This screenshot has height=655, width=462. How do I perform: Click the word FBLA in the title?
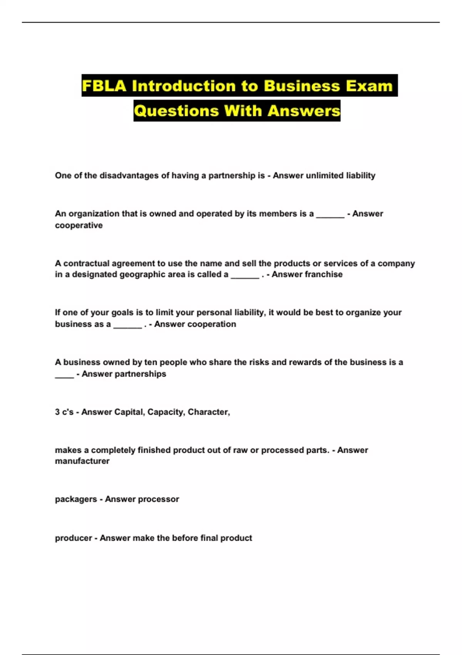(104, 86)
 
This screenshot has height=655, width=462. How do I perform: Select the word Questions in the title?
(176, 111)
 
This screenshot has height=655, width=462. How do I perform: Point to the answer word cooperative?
(79, 225)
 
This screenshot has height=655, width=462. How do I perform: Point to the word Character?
(208, 412)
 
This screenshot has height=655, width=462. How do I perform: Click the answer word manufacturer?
(82, 461)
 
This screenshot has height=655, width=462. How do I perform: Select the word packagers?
(76, 499)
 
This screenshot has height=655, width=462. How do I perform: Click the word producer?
(73, 538)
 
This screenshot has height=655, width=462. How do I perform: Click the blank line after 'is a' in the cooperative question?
(330, 217)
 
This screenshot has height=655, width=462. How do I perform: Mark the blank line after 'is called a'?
(245, 277)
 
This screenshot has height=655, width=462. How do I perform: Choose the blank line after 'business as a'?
(128, 327)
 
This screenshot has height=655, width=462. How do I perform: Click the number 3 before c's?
(57, 412)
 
